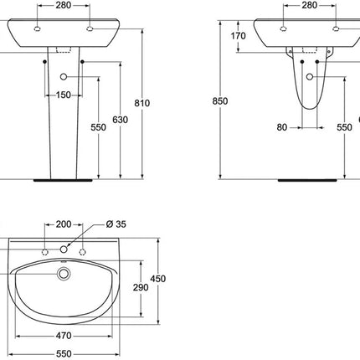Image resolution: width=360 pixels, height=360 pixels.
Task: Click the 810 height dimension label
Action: tap(142, 103)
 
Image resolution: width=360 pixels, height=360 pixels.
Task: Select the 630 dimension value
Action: tap(121, 120)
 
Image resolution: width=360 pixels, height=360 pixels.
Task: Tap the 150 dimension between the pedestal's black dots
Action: tap(64, 95)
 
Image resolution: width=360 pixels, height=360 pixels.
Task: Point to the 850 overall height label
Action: tap(220, 101)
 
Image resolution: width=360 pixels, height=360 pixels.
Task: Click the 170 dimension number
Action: tap(239, 36)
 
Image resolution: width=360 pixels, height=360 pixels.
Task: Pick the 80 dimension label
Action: tap(282, 127)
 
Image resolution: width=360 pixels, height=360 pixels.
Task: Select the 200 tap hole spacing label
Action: tap(64, 224)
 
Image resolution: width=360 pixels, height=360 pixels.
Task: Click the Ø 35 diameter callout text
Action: tap(116, 224)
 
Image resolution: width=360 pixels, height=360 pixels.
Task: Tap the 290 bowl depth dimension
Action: tap(141, 287)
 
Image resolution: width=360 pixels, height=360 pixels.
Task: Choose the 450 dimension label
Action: tap(158, 279)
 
